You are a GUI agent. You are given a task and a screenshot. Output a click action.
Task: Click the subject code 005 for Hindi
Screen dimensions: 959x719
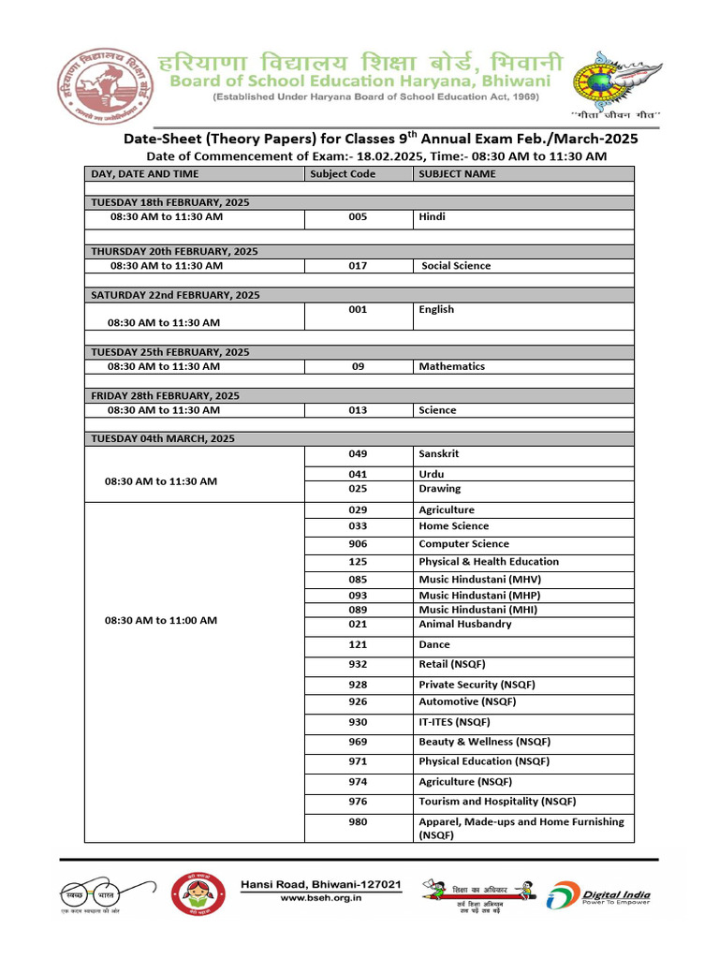pos(358,216)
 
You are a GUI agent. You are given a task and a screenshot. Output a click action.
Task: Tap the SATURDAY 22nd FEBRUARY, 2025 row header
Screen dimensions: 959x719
pos(175,295)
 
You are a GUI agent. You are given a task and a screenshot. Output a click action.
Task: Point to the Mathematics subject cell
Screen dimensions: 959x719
pos(451,367)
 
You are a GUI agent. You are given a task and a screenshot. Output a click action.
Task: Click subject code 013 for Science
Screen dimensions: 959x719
pos(358,410)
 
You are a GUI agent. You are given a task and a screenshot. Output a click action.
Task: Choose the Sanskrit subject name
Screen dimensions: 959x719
pos(438,454)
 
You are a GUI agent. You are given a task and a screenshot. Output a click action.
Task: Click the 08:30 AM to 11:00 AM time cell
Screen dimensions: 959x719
pos(161,620)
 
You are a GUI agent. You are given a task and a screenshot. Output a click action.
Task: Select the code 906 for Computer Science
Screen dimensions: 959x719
pos(358,544)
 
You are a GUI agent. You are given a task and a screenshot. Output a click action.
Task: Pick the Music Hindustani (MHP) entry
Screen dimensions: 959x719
pos(479,596)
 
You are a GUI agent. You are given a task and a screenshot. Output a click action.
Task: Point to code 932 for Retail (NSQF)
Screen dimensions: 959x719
pos(358,665)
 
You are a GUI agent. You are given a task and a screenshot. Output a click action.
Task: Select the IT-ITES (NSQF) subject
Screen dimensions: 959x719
pos(454,722)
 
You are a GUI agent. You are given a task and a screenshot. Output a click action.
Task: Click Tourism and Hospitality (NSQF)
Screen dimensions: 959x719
pos(497,802)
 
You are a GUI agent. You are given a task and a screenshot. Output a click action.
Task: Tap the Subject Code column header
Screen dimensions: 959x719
pos(343,174)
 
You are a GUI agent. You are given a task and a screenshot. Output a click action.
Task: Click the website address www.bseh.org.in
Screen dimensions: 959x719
pos(321,898)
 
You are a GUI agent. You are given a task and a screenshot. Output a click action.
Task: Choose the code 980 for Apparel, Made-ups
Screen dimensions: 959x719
pos(358,822)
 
